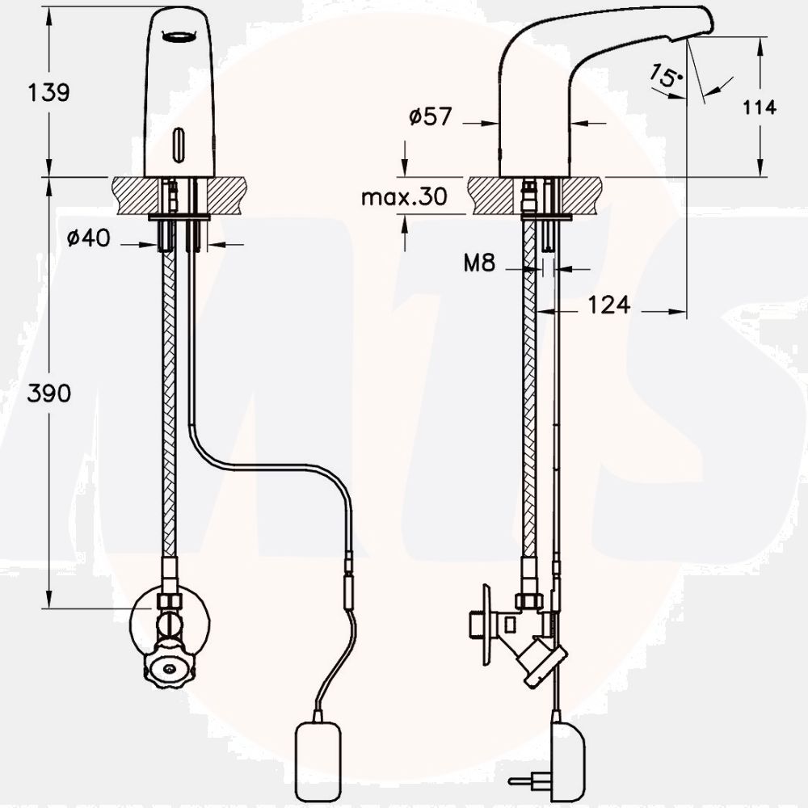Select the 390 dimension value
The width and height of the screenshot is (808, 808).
(49, 393)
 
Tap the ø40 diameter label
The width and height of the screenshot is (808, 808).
(89, 238)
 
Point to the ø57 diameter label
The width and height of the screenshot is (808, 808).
(431, 116)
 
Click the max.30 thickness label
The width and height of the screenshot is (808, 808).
(405, 197)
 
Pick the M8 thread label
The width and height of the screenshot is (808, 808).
(479, 263)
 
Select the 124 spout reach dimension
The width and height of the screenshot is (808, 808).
(608, 305)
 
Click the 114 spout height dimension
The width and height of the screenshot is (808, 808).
(759, 107)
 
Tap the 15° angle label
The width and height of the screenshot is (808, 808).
(665, 76)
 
